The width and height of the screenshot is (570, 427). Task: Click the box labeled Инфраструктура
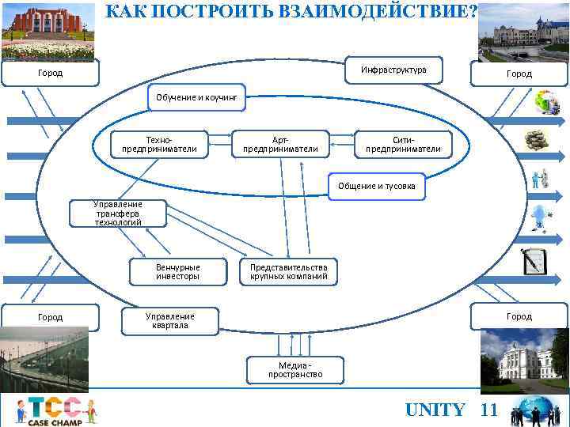click(x=393, y=70)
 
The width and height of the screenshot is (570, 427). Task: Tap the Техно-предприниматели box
click(x=160, y=142)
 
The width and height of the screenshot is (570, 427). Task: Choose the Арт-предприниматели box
click(x=280, y=142)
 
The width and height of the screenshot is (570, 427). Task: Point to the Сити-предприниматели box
click(x=403, y=142)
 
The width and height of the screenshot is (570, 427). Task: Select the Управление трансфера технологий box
click(x=118, y=213)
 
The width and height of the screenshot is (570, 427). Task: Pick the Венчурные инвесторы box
click(x=177, y=272)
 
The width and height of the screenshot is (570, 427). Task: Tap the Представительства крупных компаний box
click(x=288, y=272)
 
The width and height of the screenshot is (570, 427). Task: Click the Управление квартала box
click(x=169, y=320)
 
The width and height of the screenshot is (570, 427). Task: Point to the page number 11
click(x=489, y=410)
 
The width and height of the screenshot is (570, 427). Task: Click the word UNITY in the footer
click(x=435, y=410)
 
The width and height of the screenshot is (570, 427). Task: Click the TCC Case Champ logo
click(x=55, y=410)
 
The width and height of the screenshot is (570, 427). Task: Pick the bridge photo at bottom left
click(x=44, y=360)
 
